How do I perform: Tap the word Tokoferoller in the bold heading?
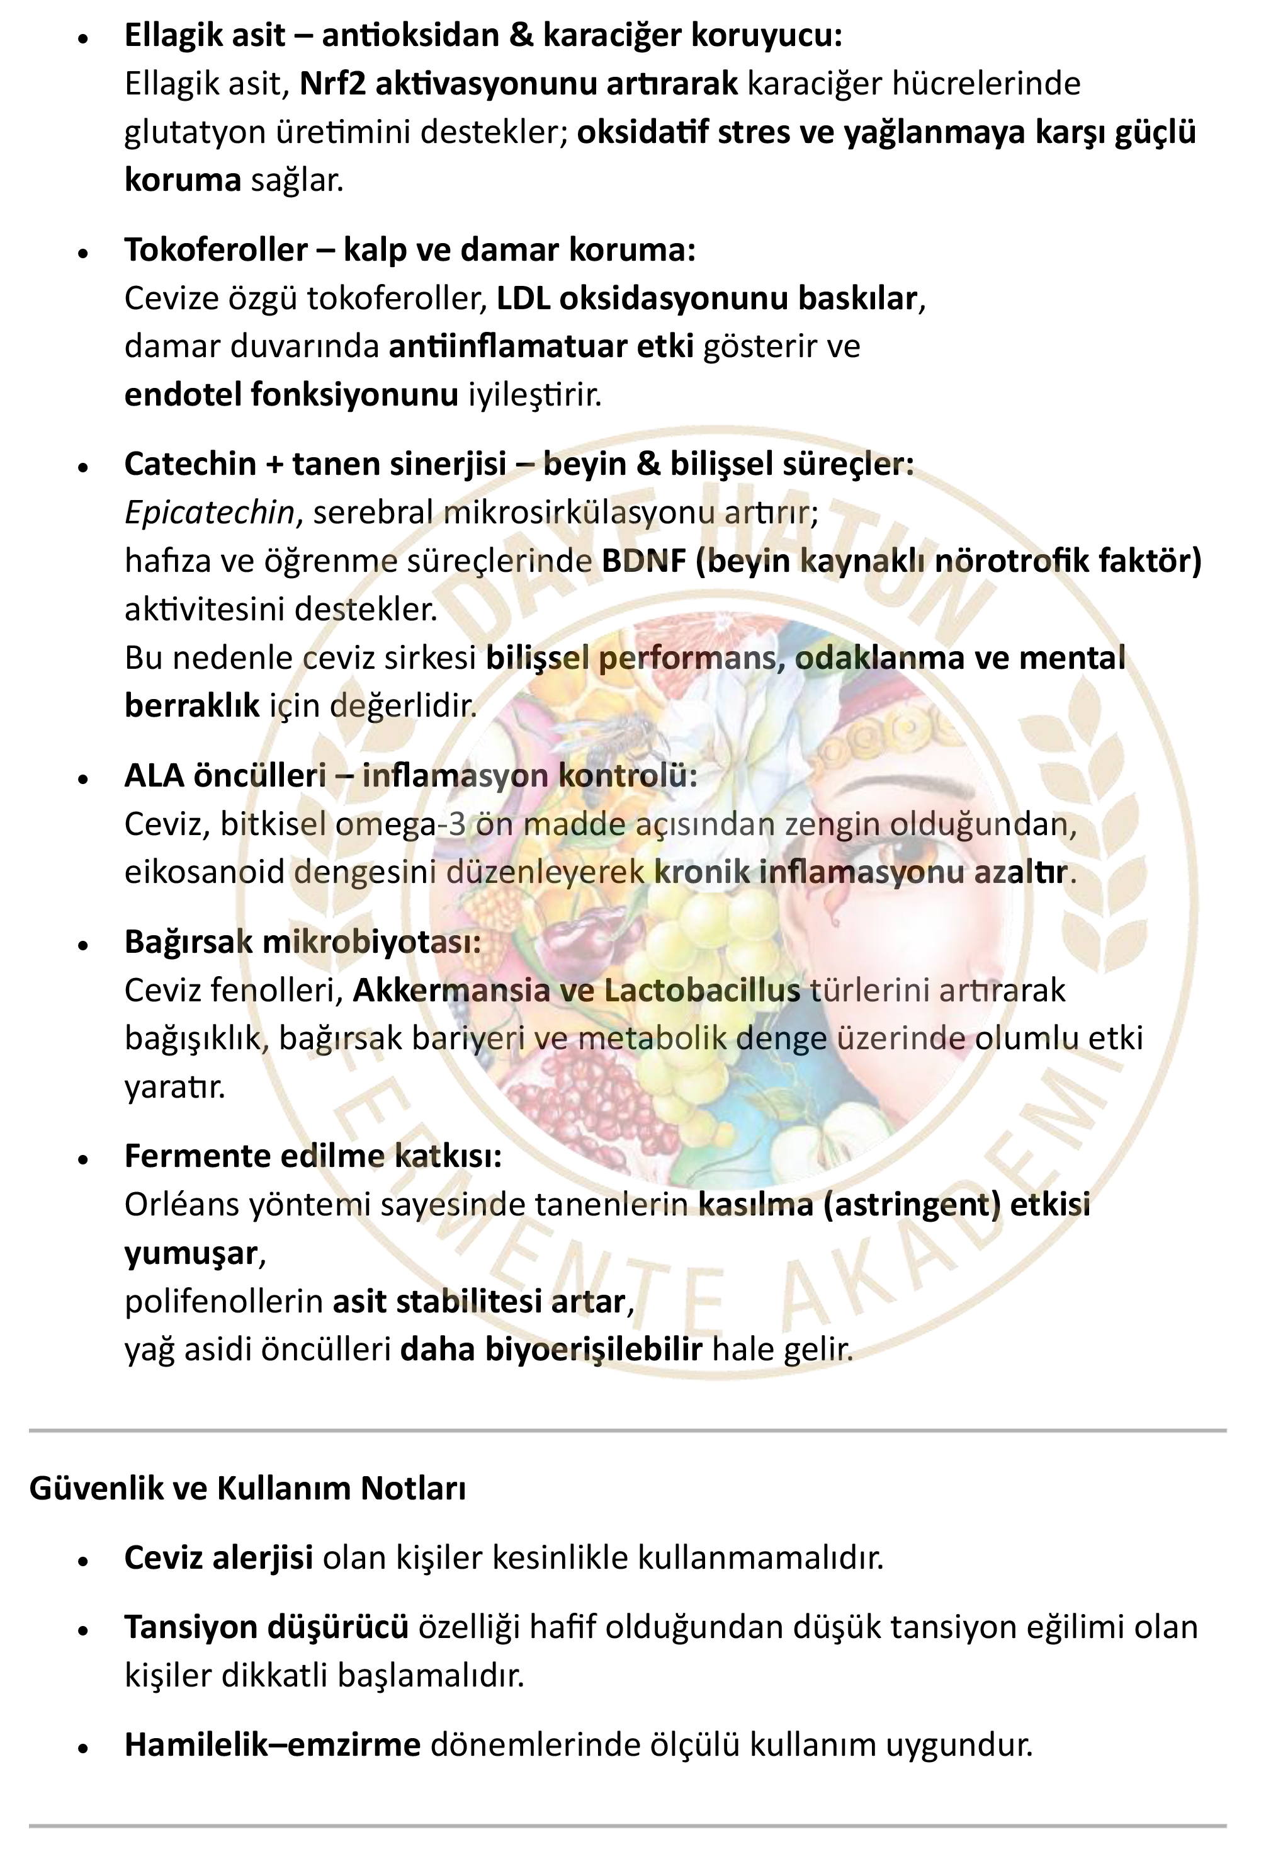click(x=215, y=251)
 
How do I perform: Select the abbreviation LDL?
click(x=523, y=299)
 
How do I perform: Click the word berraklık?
click(x=191, y=706)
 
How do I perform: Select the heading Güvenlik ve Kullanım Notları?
click(x=247, y=1489)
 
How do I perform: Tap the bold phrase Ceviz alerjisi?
click(x=218, y=1559)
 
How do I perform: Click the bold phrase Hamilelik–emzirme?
click(x=272, y=1744)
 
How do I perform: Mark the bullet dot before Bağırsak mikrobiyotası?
click(x=83, y=945)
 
